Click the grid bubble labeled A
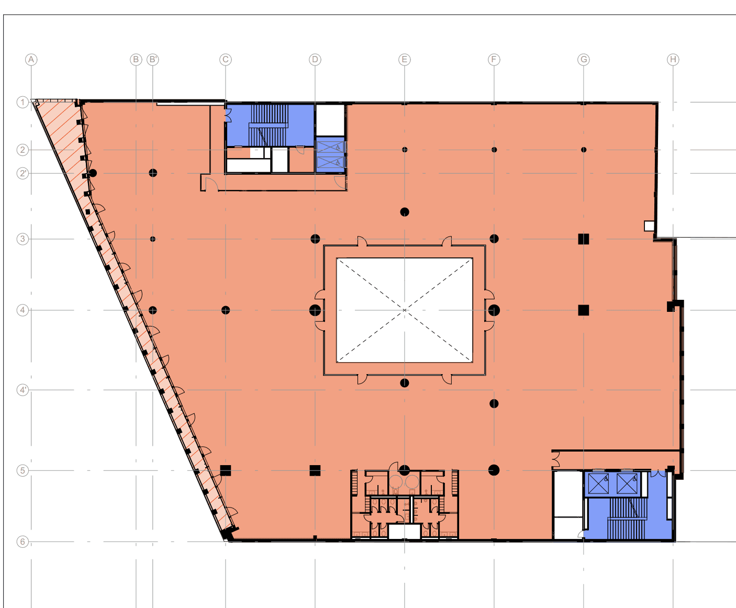click(31, 60)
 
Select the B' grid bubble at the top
click(153, 60)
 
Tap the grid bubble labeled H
click(673, 60)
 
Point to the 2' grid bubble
click(23, 173)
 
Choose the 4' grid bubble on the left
click(23, 390)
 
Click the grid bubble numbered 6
click(23, 542)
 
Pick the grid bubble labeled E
click(404, 60)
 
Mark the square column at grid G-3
click(583, 239)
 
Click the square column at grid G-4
click(583, 310)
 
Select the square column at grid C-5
click(226, 470)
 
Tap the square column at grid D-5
click(315, 470)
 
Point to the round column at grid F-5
click(494, 470)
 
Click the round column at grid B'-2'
click(153, 173)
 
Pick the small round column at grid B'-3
click(153, 239)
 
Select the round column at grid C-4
click(226, 310)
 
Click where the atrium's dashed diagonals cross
click(404, 310)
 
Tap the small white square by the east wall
click(649, 226)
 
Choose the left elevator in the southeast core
click(598, 484)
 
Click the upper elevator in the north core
click(330, 147)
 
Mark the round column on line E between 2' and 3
click(404, 212)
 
